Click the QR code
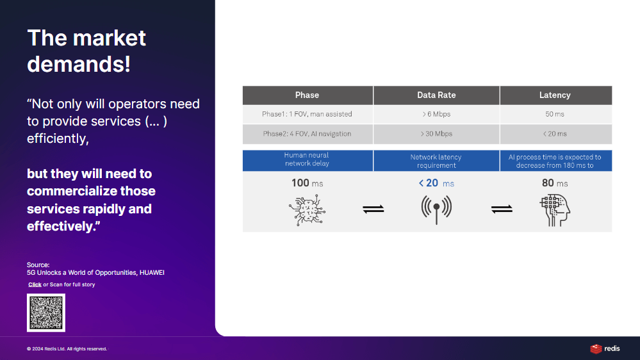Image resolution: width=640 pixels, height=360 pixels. click(x=46, y=313)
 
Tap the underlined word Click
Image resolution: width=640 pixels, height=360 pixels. click(x=35, y=284)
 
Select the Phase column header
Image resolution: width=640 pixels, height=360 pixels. click(x=308, y=95)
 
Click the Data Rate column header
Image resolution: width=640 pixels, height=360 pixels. click(x=436, y=95)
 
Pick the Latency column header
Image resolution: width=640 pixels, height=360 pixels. click(x=555, y=95)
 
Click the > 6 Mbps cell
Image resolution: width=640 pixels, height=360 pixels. click(x=436, y=114)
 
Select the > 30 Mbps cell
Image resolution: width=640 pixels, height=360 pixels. click(x=436, y=134)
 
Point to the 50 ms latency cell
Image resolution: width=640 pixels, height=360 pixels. click(x=555, y=114)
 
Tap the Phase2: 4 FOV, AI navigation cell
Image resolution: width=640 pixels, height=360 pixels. click(x=308, y=134)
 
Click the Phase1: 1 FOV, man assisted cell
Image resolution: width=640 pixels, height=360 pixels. click(x=308, y=114)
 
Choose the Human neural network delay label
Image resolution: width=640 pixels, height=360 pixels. click(x=307, y=160)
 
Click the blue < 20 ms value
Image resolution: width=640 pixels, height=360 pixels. click(x=436, y=183)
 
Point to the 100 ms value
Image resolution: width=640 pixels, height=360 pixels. click(x=307, y=183)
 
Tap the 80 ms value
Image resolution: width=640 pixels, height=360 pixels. click(x=555, y=183)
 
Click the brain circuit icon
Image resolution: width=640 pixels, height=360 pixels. click(x=307, y=210)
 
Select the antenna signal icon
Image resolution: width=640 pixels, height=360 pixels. click(x=436, y=209)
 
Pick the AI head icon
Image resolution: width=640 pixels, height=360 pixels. click(x=555, y=210)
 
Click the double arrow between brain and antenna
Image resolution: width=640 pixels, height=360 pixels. click(x=373, y=209)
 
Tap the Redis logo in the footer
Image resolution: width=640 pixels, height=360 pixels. click(x=605, y=348)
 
